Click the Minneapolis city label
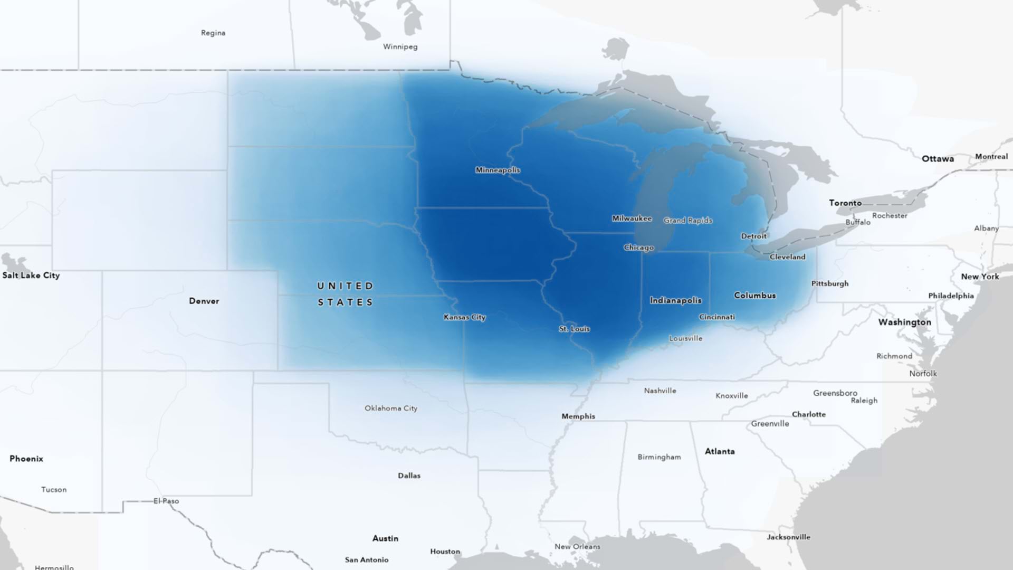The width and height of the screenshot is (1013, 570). point(498,170)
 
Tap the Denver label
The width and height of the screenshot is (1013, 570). point(204,301)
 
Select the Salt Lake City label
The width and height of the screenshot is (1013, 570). point(31,275)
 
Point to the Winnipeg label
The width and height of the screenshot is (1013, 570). point(400,46)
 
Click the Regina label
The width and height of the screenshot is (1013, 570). point(213,33)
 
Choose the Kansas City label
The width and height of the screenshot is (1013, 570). point(464,317)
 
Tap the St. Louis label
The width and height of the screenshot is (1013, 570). point(574,329)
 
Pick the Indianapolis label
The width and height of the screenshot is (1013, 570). point(675,300)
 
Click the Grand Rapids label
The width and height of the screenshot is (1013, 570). point(687,221)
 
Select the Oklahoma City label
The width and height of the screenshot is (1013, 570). point(390,408)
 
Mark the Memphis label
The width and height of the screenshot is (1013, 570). point(578,416)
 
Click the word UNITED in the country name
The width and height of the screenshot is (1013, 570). point(345,286)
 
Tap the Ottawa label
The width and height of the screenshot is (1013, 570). point(937,159)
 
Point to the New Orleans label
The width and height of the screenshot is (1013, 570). point(577,546)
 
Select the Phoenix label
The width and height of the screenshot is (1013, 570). point(26,459)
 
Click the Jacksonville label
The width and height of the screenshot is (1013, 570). point(788,537)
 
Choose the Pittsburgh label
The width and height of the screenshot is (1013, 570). point(829,283)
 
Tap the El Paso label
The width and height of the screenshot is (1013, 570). point(166,501)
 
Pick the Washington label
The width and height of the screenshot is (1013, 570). point(904,322)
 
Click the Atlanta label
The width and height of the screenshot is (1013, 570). point(720,451)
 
